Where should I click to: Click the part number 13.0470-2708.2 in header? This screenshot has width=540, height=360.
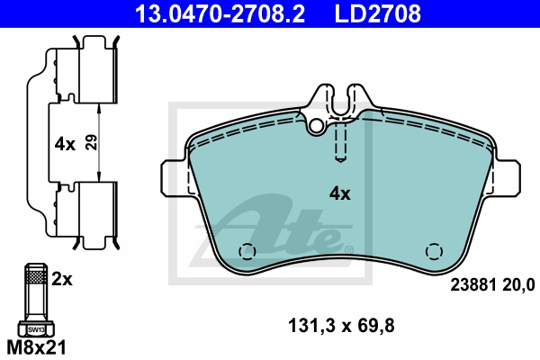click(x=220, y=13)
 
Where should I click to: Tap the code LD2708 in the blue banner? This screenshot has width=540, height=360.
click(x=377, y=13)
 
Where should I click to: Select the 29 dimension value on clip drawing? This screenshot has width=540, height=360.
click(x=91, y=142)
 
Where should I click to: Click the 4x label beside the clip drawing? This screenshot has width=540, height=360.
click(x=65, y=144)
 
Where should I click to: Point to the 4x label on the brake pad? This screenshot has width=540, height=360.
click(x=340, y=194)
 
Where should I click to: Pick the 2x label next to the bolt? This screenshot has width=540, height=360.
click(x=62, y=279)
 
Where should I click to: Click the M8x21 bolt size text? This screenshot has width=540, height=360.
click(x=36, y=347)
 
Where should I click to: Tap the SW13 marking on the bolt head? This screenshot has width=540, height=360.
click(x=36, y=329)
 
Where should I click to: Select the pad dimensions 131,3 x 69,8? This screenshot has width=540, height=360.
click(x=341, y=326)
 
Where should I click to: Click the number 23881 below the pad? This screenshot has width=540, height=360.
click(x=473, y=285)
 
